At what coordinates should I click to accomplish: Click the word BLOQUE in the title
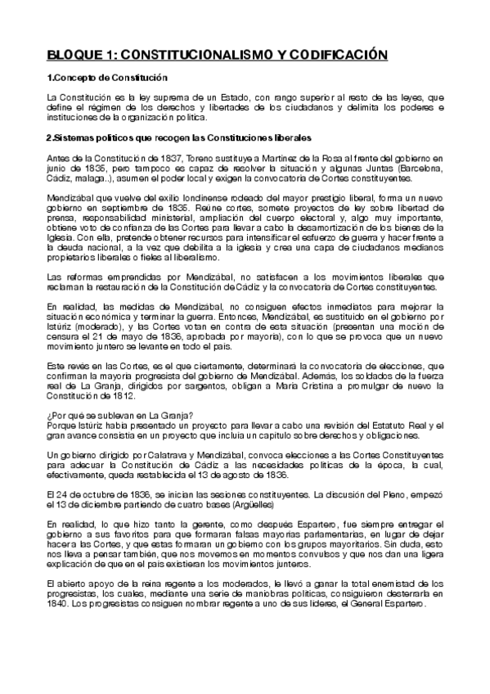pyautogui.click(x=72, y=55)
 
